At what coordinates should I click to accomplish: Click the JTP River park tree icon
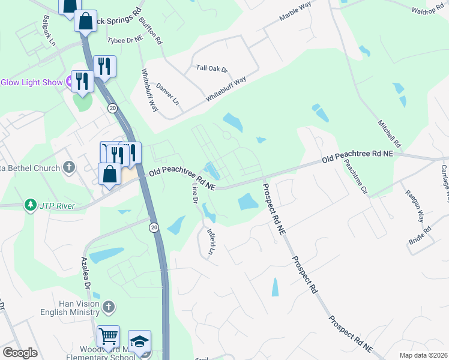click(30, 206)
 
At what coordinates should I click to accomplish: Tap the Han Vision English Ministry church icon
click(108, 307)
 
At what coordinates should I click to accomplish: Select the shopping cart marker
click(108, 337)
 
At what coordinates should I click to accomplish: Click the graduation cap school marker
click(139, 342)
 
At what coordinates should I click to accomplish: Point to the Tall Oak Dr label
click(212, 69)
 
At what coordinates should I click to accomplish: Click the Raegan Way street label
click(414, 208)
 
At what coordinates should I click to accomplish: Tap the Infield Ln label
click(211, 242)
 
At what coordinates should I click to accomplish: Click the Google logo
click(20, 353)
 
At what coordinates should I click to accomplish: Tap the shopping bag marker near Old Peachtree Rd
click(109, 175)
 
